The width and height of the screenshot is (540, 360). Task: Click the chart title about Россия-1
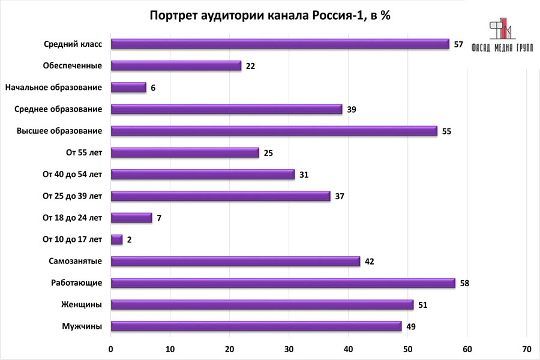(x=269, y=16)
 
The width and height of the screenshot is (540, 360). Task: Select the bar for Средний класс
(x=280, y=44)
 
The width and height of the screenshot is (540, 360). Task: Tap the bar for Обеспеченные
(x=176, y=65)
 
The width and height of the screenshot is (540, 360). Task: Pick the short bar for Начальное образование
(x=129, y=87)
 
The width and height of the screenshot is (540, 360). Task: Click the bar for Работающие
(x=283, y=283)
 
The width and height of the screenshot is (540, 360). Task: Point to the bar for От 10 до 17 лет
(x=117, y=239)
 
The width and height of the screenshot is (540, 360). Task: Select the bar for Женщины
(x=262, y=304)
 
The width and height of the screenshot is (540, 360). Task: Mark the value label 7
(x=159, y=218)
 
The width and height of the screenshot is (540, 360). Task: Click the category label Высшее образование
(x=59, y=131)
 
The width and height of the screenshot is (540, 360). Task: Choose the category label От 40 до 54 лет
(x=72, y=174)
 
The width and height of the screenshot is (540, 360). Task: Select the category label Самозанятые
(x=75, y=261)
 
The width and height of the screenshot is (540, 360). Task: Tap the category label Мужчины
(x=82, y=326)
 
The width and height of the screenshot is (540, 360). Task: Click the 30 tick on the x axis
(x=289, y=349)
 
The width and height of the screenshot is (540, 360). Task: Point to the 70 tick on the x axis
(x=526, y=349)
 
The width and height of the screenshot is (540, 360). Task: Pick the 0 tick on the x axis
(x=111, y=349)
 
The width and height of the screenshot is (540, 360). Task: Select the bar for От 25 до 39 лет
(x=221, y=196)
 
